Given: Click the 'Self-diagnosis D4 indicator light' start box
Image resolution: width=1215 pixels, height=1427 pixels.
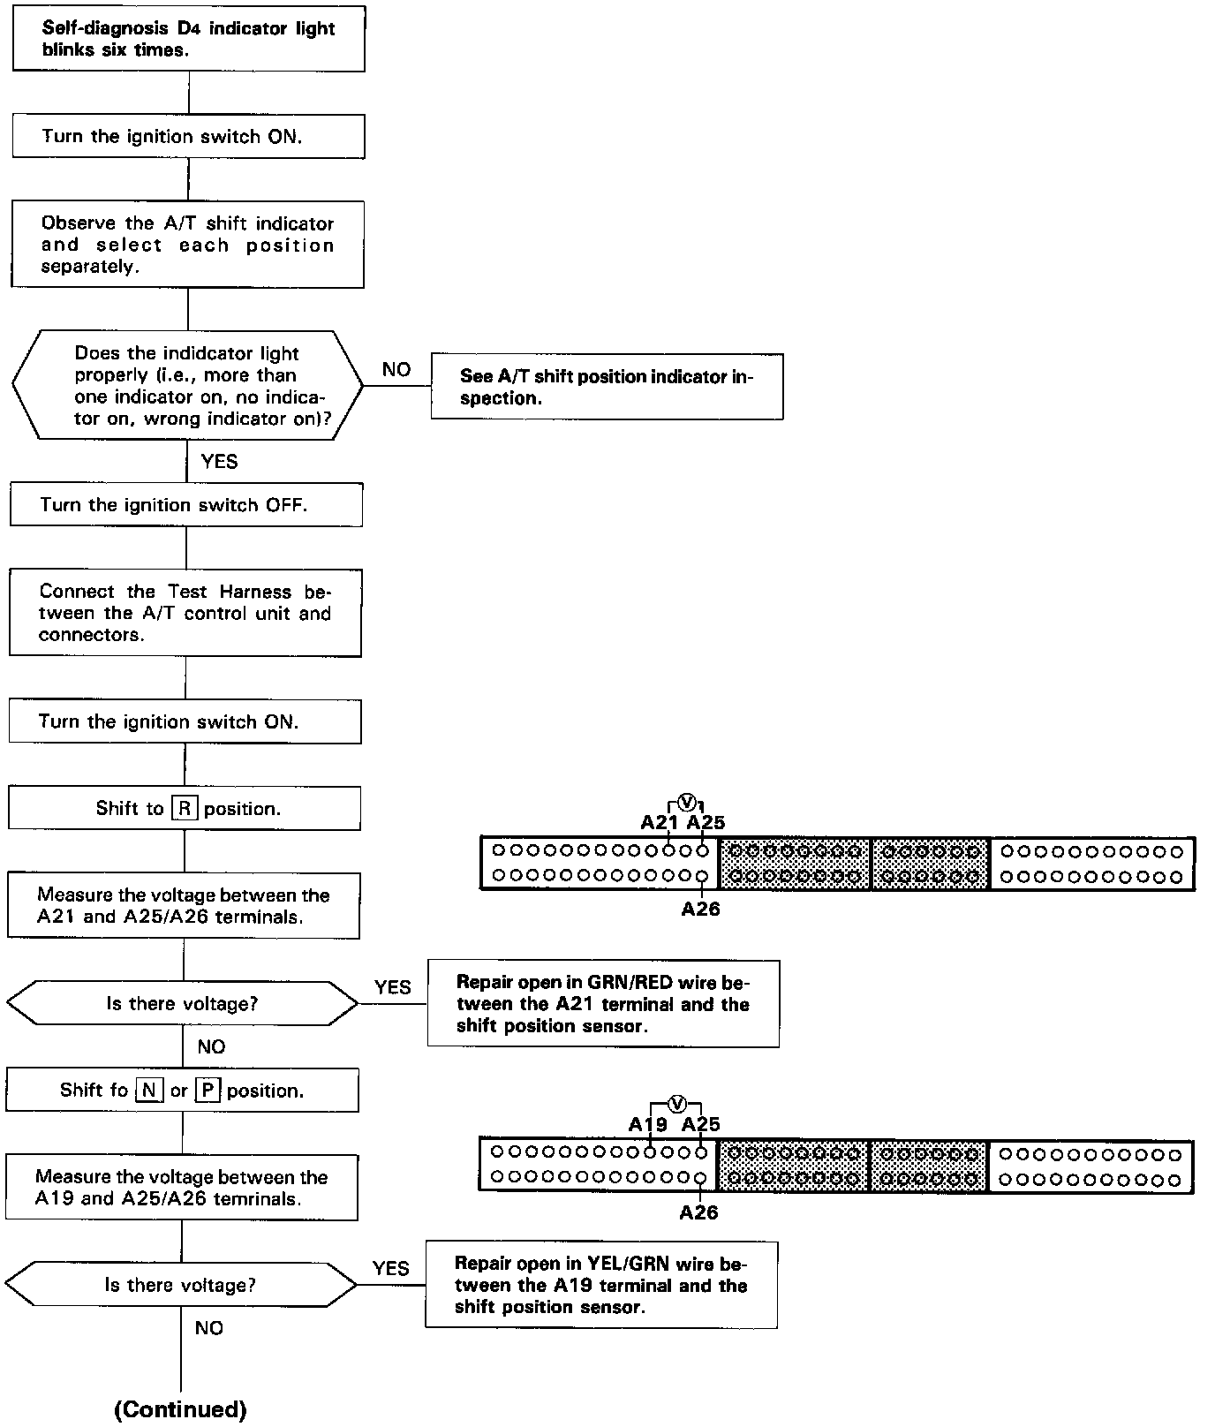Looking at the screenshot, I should [188, 40].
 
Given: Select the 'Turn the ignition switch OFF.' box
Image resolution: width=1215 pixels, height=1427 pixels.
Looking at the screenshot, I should [185, 505].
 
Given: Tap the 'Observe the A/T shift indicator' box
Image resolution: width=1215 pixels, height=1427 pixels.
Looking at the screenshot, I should [187, 245].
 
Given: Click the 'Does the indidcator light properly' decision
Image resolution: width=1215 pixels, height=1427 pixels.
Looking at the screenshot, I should [187, 386].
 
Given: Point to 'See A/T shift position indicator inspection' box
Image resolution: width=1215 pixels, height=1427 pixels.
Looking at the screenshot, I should [607, 387].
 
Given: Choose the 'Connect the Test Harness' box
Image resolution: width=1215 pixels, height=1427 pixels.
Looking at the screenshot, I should [185, 613].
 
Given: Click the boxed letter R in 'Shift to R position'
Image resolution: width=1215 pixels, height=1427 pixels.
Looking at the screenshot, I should [184, 809].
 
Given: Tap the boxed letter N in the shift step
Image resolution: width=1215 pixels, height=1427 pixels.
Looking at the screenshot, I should [149, 1091].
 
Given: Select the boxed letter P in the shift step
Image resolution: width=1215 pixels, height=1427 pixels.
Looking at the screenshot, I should [207, 1091].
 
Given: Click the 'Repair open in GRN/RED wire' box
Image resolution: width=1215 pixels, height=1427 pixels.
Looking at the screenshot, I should [603, 1004].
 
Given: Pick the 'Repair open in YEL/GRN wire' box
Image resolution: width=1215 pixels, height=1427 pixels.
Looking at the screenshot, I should [600, 1285].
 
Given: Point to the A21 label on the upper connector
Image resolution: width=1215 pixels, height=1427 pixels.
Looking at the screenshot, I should [659, 823].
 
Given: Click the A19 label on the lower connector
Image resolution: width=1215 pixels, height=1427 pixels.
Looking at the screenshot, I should [648, 1124].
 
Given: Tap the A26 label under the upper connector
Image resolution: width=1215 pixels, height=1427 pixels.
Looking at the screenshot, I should [700, 910].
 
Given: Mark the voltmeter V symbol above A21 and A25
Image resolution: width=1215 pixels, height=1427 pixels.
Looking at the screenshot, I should [688, 802].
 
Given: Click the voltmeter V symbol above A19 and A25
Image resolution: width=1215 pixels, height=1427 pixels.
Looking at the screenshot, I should [676, 1103].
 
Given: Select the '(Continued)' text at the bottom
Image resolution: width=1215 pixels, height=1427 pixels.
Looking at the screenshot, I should [180, 1409].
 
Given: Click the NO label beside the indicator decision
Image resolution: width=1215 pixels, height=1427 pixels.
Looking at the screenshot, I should [396, 370].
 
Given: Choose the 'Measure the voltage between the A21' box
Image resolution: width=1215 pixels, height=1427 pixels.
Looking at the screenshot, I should [184, 906].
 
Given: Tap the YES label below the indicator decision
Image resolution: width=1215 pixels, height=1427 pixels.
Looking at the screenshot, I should [219, 461].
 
